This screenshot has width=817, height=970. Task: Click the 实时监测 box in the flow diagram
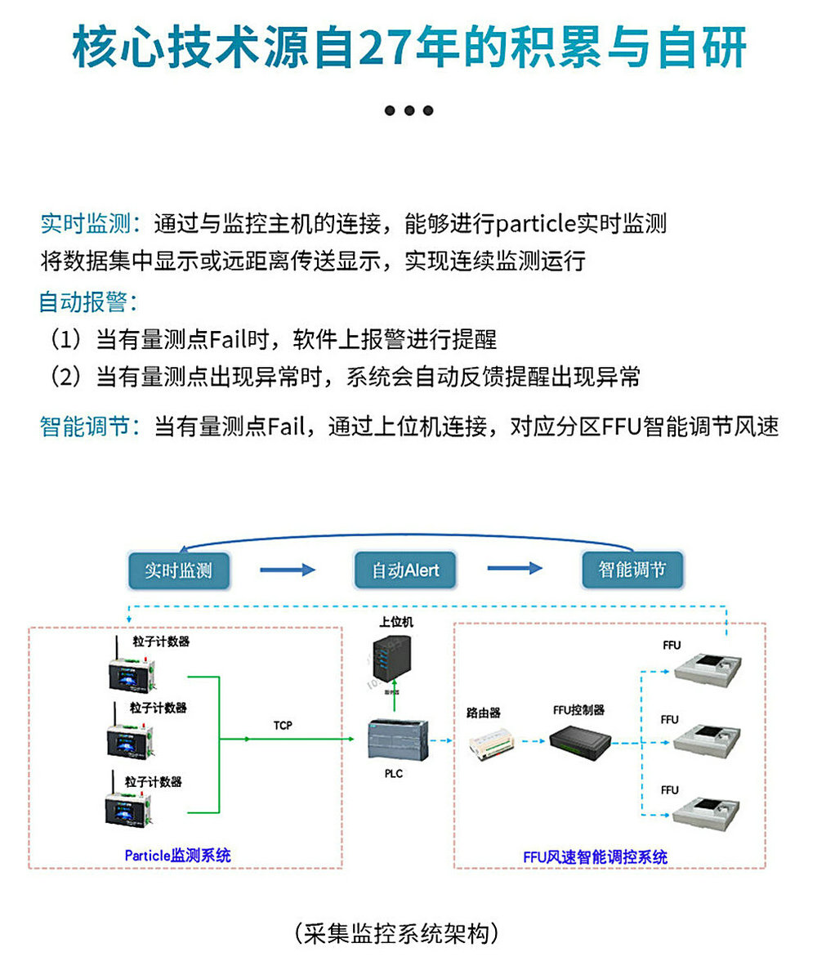pos(178,570)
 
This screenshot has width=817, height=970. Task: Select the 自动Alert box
pos(404,570)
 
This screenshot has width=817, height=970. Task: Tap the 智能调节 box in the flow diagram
pos(632,570)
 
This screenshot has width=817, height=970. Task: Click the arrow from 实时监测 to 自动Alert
pos(287,570)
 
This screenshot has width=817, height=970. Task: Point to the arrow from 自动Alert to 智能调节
pos(515,569)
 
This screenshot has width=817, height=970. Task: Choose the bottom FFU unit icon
pos(708,812)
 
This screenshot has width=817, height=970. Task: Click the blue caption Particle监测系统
pos(177,856)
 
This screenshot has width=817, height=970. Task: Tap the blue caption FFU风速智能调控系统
pos(595,857)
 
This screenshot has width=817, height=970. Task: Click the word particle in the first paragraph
pos(536,223)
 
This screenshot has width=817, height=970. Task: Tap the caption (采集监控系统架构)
pos(397,932)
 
